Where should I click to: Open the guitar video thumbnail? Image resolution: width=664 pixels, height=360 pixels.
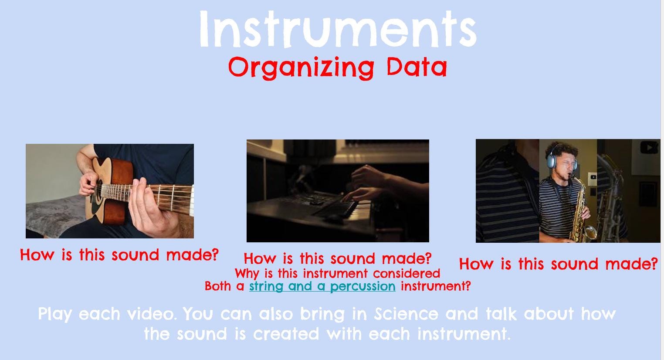tap(110, 191)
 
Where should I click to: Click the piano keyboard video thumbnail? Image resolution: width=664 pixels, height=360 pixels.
tap(338, 191)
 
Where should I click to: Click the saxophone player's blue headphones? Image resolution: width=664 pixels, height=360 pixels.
tap(553, 161)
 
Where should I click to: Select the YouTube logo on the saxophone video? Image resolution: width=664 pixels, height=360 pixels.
tap(649, 148)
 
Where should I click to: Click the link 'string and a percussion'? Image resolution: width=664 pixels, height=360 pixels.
tap(322, 286)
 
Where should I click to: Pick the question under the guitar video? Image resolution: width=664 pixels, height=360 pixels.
tap(119, 255)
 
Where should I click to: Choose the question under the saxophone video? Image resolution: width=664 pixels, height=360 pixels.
tap(558, 264)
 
